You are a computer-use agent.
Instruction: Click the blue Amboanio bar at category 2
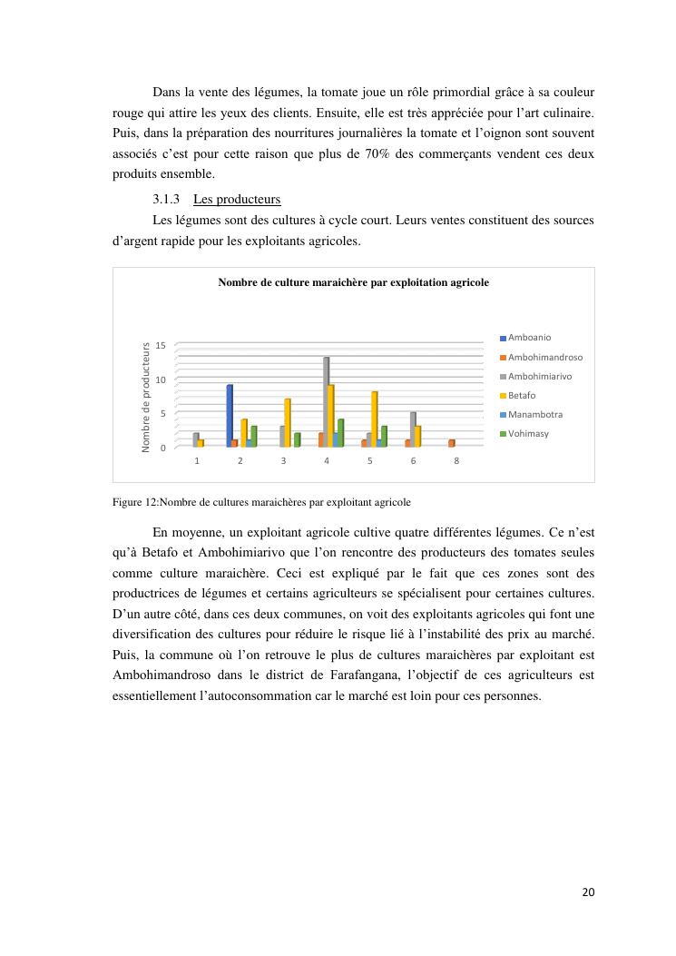(230, 416)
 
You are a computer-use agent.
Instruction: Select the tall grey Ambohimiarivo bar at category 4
(326, 401)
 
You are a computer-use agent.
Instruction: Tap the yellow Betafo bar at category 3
(288, 422)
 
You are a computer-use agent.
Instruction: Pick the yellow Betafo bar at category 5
(374, 419)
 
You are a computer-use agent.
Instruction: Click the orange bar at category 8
(451, 443)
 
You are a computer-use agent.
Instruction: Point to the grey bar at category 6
(413, 429)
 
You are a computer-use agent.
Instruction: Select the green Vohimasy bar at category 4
(340, 432)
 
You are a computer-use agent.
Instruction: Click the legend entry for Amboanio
(529, 338)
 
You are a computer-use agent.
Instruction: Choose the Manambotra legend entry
(534, 414)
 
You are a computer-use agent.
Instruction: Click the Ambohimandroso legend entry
(544, 357)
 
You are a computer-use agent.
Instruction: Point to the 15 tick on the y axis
(161, 346)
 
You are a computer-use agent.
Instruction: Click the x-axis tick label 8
(456, 461)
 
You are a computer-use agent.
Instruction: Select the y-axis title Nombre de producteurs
(145, 397)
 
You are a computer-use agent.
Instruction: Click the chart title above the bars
(353, 283)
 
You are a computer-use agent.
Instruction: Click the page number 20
(588, 892)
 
